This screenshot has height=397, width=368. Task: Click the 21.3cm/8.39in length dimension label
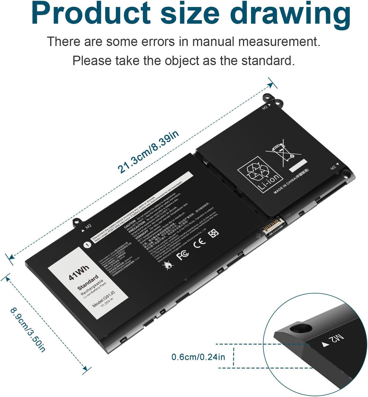[x=149, y=152]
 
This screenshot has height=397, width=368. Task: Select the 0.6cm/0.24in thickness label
[x=198, y=357]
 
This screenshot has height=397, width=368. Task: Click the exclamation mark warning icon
[x=87, y=244]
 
